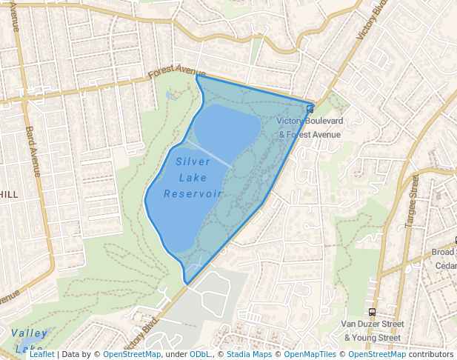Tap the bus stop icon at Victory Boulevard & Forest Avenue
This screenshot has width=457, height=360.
pyautogui.click(x=310, y=110)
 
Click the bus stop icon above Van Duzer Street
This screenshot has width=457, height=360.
pyautogui.click(x=372, y=313)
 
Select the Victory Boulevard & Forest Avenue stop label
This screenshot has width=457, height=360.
pyautogui.click(x=310, y=127)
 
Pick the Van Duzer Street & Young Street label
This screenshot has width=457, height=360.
pyautogui.click(x=373, y=330)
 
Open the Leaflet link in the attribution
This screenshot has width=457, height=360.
pyautogui.click(x=42, y=354)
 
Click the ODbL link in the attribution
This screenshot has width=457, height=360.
pyautogui.click(x=200, y=354)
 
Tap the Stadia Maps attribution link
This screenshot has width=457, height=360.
pyautogui.click(x=249, y=354)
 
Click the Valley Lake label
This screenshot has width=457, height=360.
pyautogui.click(x=30, y=340)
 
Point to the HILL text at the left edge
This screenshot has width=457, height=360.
pyautogui.click(x=9, y=194)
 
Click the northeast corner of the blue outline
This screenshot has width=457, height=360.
pyautogui.click(x=313, y=104)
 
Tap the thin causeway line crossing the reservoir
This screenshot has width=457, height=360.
pyautogui.click(x=211, y=153)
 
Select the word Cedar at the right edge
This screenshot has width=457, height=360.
pyautogui.click(x=445, y=266)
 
